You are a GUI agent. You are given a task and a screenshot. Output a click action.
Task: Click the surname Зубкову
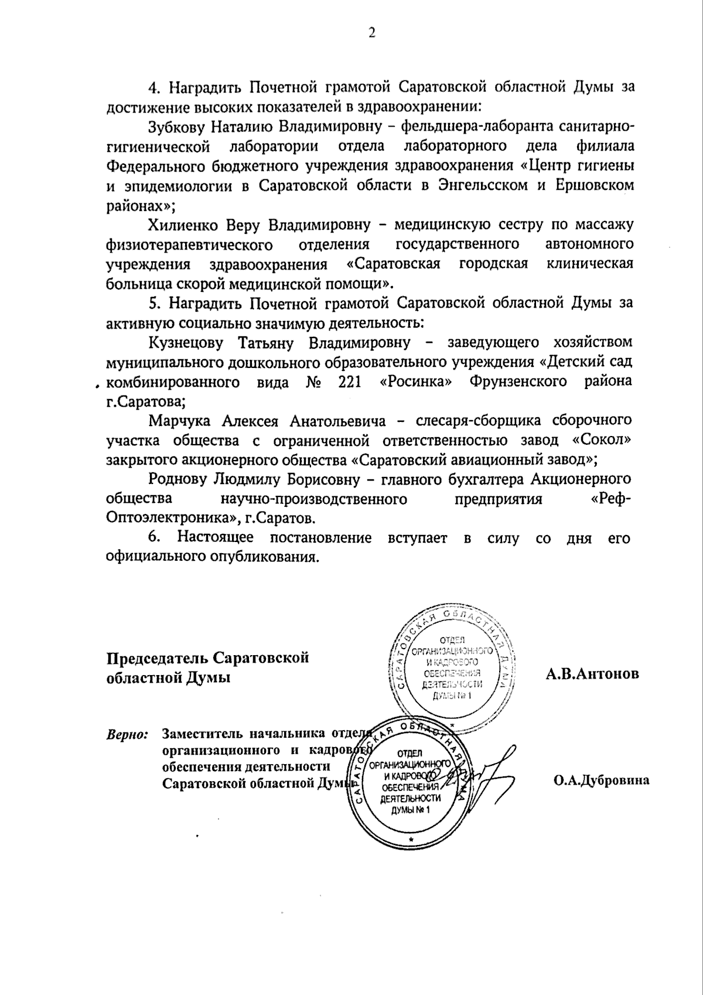click(x=176, y=126)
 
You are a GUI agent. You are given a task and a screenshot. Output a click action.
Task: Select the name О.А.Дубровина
click(x=601, y=781)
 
